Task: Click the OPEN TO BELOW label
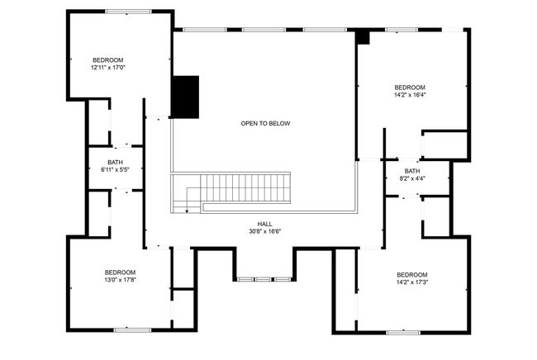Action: (265, 124)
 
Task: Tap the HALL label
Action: (264, 224)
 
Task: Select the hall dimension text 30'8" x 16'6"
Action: (265, 232)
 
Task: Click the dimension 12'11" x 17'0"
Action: (108, 68)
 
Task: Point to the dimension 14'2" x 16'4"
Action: (410, 95)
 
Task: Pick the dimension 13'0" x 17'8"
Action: (121, 280)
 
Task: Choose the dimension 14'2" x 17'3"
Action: (412, 282)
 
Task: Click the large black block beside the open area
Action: (185, 97)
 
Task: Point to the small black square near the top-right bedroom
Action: (363, 37)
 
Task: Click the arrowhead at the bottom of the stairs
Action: (187, 211)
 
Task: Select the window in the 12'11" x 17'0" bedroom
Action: (128, 12)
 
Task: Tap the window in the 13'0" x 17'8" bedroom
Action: (132, 330)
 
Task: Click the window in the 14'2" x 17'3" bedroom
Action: (403, 332)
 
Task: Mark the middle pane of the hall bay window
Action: (264, 279)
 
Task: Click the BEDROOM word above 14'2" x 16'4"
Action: (410, 88)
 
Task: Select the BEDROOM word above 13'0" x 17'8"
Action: (121, 272)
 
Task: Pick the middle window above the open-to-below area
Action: (264, 30)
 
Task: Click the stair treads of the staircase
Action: (245, 188)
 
